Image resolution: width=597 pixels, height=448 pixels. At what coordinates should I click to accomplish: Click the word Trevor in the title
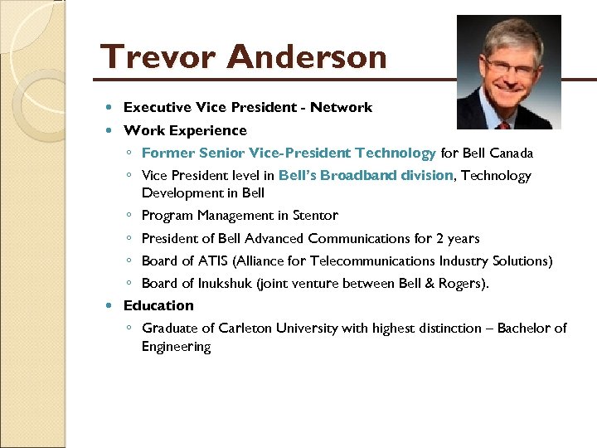[x=158, y=57]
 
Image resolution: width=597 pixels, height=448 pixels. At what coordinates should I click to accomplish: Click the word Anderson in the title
[x=307, y=57]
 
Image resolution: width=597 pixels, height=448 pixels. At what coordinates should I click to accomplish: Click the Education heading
[x=158, y=305]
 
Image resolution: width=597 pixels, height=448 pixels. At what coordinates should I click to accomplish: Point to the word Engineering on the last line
[x=176, y=347]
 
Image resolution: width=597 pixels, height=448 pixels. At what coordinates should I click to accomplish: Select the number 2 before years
[x=440, y=239]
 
